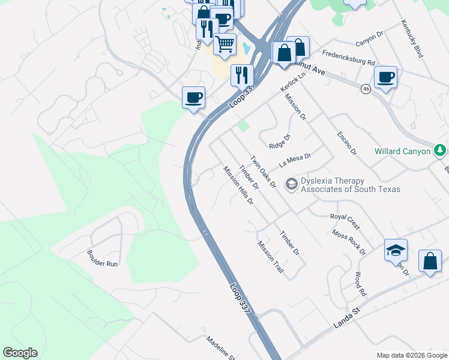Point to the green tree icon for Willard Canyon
tap(440, 150)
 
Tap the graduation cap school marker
tap(396, 250)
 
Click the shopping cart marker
tap(224, 44)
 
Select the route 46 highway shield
tap(366, 89)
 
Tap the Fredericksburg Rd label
tap(348, 58)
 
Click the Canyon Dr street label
tap(369, 38)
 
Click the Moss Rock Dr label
tap(348, 242)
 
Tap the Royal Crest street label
tap(345, 221)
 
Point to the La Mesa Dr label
tap(295, 161)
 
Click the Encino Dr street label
tap(346, 142)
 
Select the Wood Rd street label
tap(360, 284)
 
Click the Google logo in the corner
tap(20, 353)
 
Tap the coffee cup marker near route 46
tap(385, 77)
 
